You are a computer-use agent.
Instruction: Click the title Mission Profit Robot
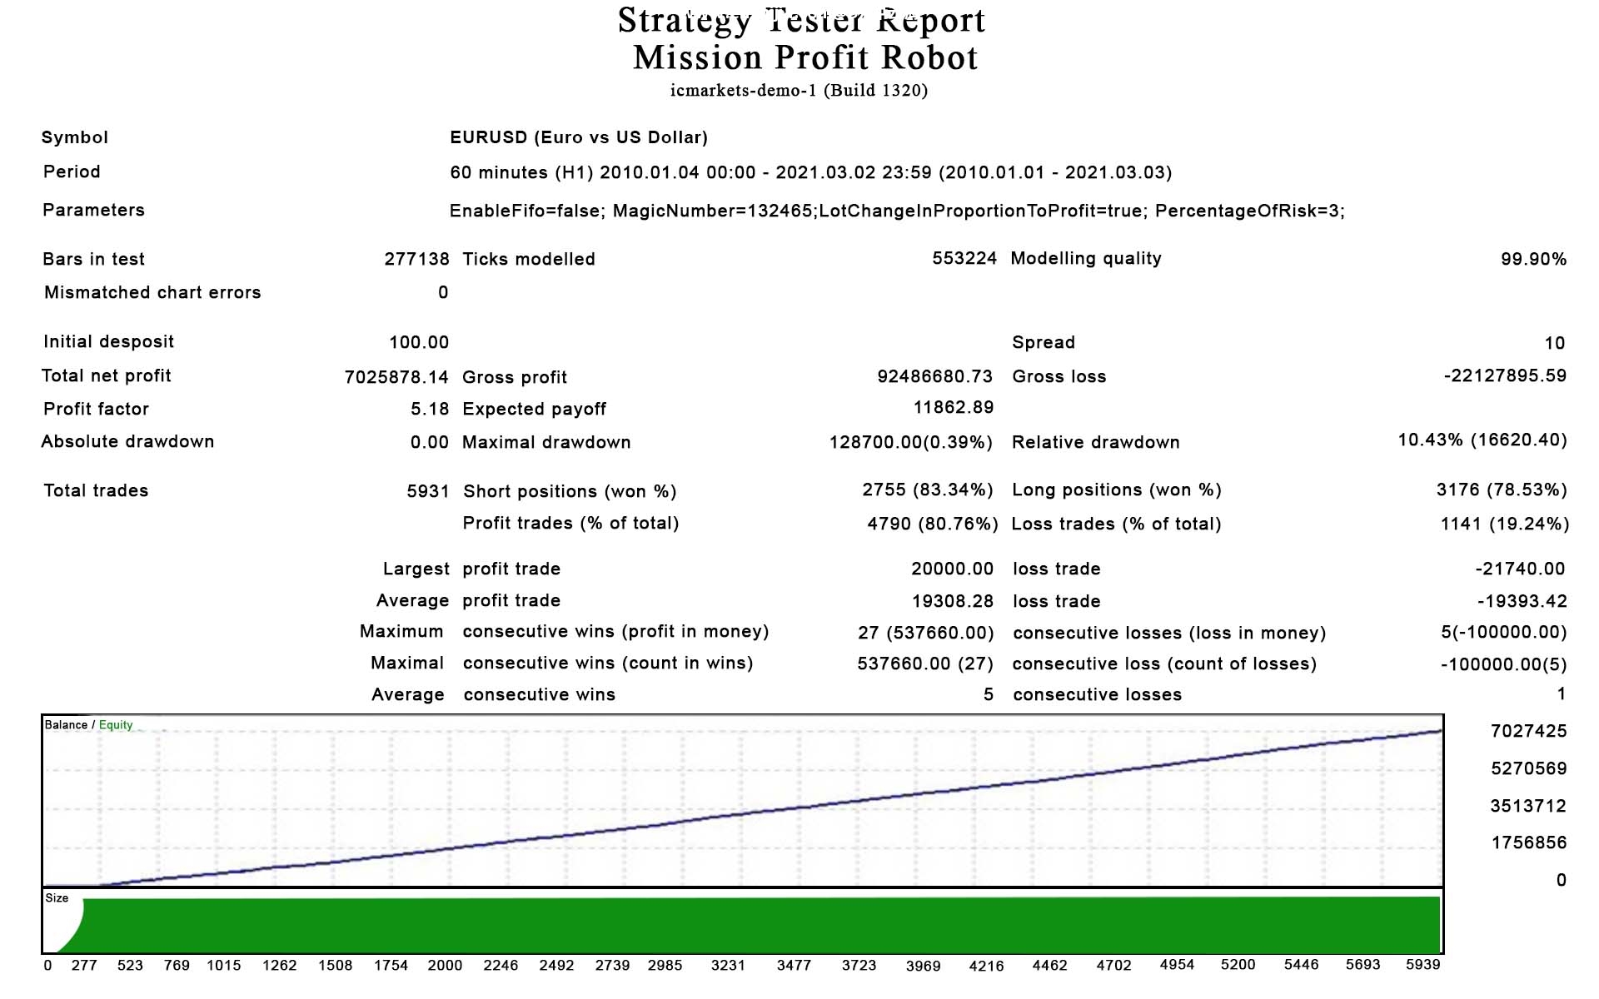(804, 57)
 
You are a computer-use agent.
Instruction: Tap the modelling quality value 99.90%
(1532, 259)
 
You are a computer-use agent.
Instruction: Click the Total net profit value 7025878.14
(396, 377)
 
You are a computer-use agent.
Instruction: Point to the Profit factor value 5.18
(429, 409)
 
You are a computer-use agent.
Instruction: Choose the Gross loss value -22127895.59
(1504, 375)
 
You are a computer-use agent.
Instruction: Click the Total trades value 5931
(427, 491)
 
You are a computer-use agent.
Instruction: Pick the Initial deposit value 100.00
(418, 342)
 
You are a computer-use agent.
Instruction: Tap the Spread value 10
(1554, 343)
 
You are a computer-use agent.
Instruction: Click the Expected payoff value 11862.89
(953, 407)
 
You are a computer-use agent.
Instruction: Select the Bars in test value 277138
(416, 259)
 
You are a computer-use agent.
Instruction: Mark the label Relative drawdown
(1095, 442)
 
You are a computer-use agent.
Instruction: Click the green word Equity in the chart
(116, 725)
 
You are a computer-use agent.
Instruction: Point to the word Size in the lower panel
(57, 898)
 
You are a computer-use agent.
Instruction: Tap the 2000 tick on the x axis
(445, 965)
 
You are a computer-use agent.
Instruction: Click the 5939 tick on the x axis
(1422, 964)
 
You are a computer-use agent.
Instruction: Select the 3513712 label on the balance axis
(1527, 806)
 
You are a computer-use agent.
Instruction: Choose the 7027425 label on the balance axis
(1527, 731)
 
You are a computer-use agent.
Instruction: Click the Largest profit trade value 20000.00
(951, 569)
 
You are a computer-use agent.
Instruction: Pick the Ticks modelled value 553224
(964, 258)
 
